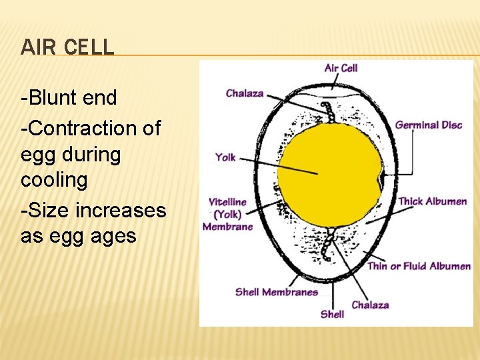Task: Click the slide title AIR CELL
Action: [x=67, y=47]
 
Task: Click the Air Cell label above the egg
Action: [x=341, y=68]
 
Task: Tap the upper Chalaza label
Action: [x=245, y=93]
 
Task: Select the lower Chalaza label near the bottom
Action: [x=370, y=305]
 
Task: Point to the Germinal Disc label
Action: [x=429, y=125]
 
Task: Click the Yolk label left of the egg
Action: [x=225, y=157]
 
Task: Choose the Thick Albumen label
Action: [x=432, y=201]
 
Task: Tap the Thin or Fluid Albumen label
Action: [x=419, y=266]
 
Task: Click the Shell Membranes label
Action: [x=276, y=292]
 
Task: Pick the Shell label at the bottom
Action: [x=332, y=313]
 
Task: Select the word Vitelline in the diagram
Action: [x=227, y=202]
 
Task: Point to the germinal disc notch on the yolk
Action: [x=381, y=179]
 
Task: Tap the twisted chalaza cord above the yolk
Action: [x=327, y=112]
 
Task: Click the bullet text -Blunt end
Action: [x=69, y=98]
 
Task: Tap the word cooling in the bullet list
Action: [x=54, y=180]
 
